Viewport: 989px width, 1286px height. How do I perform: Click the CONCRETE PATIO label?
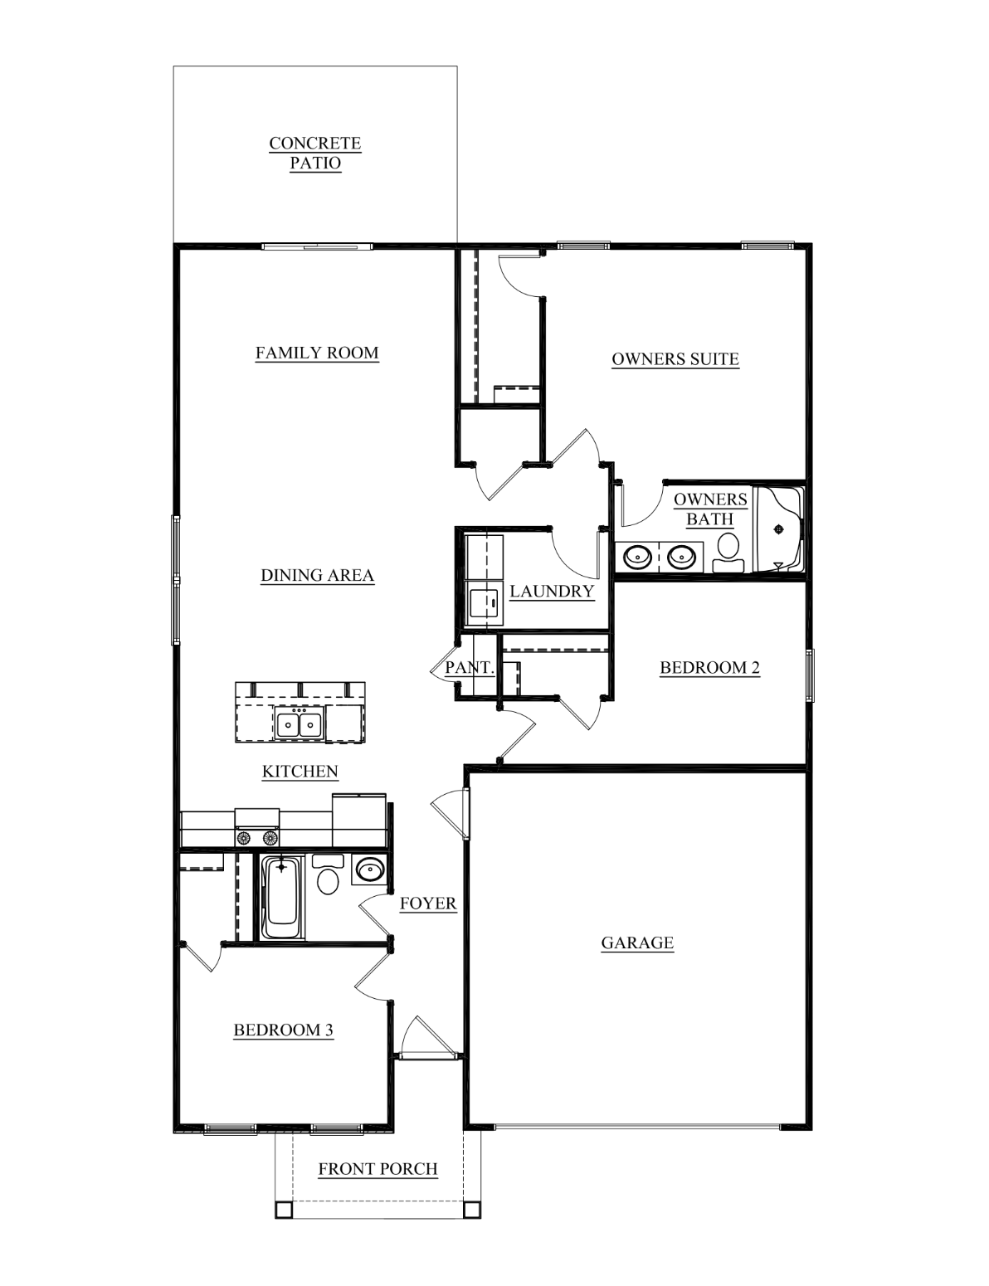[314, 153]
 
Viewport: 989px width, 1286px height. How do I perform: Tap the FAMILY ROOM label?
[317, 353]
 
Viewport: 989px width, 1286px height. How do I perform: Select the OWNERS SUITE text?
[675, 359]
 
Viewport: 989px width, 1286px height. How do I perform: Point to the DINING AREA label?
[317, 575]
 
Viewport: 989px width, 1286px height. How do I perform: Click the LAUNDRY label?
[552, 592]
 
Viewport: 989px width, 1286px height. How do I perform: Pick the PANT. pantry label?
[470, 668]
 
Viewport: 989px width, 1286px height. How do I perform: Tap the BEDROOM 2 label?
[709, 668]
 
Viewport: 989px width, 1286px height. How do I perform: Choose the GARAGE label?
[637, 943]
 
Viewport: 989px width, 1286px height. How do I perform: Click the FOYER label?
[428, 904]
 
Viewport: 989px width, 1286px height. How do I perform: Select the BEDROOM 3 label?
[284, 1030]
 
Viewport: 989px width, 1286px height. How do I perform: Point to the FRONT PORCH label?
[378, 1169]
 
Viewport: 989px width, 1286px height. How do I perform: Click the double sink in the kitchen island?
[299, 723]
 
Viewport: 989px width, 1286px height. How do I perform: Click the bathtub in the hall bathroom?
[282, 897]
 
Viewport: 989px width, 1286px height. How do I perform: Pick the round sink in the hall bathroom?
[369, 870]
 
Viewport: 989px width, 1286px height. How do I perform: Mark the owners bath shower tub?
[780, 529]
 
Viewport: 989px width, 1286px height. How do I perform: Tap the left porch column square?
[284, 1209]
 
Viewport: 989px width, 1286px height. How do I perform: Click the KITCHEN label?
[300, 772]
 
